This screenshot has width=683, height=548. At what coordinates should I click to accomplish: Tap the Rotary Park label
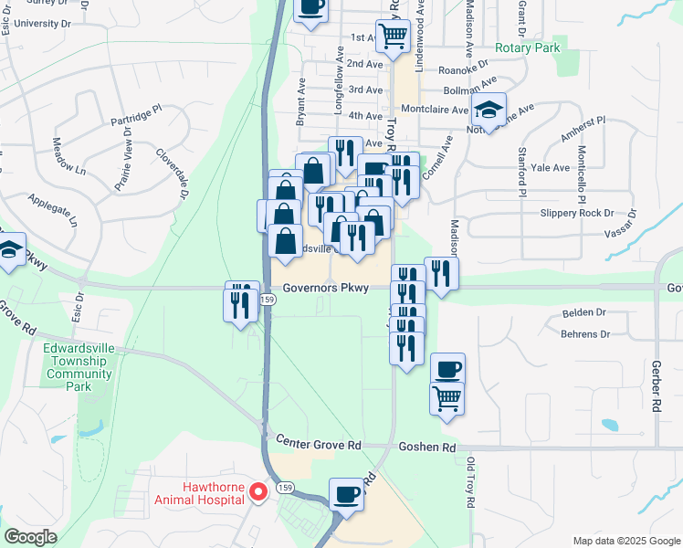[525, 47]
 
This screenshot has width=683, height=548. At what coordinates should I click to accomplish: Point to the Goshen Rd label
[426, 448]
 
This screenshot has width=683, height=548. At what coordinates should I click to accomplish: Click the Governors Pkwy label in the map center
[325, 288]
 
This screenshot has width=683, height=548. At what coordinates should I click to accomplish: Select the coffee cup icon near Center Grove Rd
[346, 494]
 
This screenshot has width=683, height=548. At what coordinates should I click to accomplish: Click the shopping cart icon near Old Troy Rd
[447, 397]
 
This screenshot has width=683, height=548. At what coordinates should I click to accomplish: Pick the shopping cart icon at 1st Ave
[394, 36]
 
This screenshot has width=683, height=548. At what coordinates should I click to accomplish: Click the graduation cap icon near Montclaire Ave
[489, 111]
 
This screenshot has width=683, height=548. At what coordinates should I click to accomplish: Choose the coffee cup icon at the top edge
[310, 7]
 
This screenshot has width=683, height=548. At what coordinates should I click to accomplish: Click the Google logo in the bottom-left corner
[31, 537]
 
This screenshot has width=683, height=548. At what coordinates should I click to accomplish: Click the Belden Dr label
[584, 312]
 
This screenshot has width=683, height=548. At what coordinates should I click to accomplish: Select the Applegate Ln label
[56, 209]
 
